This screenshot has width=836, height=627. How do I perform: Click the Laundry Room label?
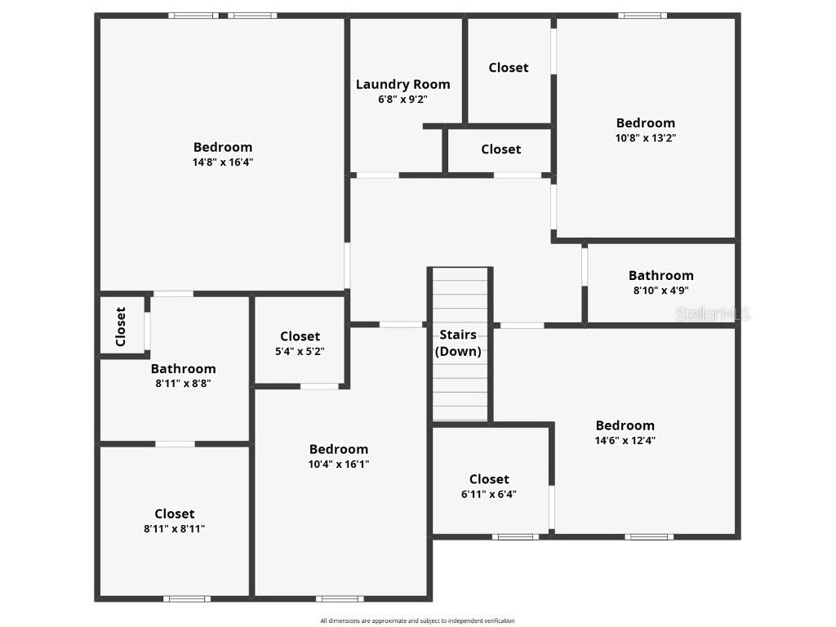(402, 84)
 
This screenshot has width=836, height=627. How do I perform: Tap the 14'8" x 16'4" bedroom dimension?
(223, 162)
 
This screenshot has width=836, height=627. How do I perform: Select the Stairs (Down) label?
(458, 344)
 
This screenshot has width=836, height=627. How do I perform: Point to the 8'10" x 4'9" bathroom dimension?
(660, 291)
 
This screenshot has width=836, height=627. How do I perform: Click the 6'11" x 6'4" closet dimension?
(489, 494)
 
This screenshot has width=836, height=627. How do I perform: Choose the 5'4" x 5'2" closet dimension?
(300, 351)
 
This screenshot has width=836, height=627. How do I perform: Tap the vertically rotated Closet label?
(121, 327)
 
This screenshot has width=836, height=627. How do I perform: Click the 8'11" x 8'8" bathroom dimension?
(183, 384)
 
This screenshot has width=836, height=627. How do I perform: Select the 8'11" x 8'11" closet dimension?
(175, 529)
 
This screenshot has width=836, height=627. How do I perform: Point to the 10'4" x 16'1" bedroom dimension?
(338, 465)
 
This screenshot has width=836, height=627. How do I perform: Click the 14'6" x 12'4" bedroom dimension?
(625, 441)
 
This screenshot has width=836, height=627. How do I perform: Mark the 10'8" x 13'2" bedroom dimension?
(645, 138)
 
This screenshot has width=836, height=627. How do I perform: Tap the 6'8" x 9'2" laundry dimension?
(402, 100)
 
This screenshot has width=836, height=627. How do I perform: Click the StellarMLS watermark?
(712, 313)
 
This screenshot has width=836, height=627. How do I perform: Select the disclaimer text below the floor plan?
(417, 620)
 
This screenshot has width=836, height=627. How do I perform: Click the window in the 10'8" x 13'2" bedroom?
(643, 16)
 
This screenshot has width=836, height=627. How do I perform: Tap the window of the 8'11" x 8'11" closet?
(187, 598)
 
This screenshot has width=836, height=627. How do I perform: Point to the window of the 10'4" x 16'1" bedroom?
(340, 598)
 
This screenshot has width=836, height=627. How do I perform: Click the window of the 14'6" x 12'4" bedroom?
(649, 536)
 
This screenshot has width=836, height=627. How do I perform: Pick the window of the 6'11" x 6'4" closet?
(515, 536)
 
